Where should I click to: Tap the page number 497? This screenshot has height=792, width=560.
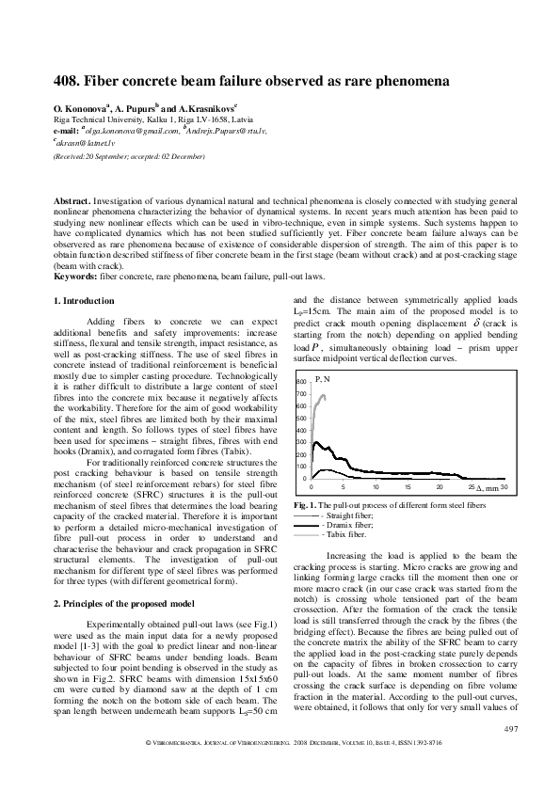tap(511, 756)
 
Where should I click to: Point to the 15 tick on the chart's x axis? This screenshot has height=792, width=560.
tap(408, 487)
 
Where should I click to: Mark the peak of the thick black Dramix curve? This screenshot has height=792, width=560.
tap(316, 442)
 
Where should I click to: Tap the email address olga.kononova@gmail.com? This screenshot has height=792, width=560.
tap(128, 132)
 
